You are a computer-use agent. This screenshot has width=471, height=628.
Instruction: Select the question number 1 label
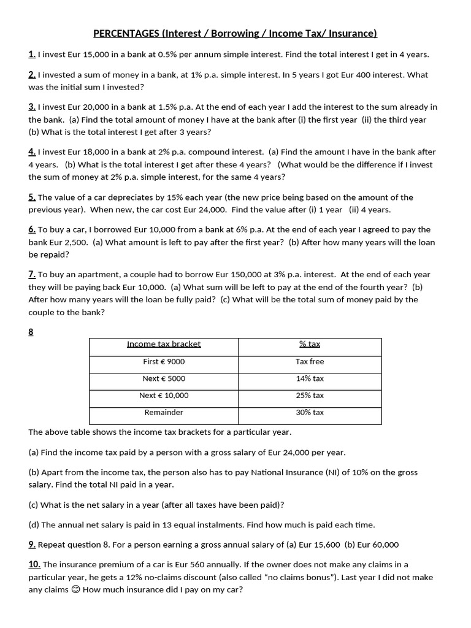point(32,55)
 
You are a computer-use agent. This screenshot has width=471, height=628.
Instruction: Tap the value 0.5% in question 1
point(168,55)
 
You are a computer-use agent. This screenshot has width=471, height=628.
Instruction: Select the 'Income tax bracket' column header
point(164,344)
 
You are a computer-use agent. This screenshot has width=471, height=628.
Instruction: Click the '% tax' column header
point(310,344)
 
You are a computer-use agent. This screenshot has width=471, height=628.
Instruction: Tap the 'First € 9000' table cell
point(164,362)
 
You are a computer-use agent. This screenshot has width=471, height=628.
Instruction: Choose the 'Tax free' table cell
point(310,362)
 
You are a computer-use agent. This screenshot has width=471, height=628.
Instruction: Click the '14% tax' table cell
point(310,379)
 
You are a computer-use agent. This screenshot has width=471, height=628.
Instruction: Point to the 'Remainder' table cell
point(164,413)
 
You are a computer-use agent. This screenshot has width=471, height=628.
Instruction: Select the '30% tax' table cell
point(310,413)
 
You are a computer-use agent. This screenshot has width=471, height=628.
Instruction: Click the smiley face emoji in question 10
point(75,590)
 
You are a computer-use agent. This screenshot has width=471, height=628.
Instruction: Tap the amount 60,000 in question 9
point(384,545)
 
